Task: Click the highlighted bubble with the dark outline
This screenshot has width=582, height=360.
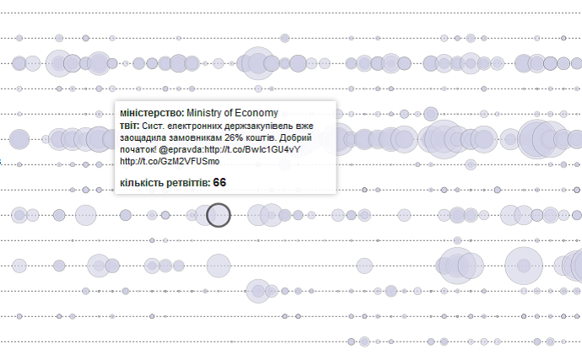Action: point(218,215)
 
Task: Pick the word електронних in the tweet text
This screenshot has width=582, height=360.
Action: point(197,125)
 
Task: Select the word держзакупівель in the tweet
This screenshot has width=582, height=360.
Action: point(264,125)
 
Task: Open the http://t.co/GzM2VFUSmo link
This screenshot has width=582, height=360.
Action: point(170,161)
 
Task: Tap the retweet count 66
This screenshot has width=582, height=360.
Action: point(219,182)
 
